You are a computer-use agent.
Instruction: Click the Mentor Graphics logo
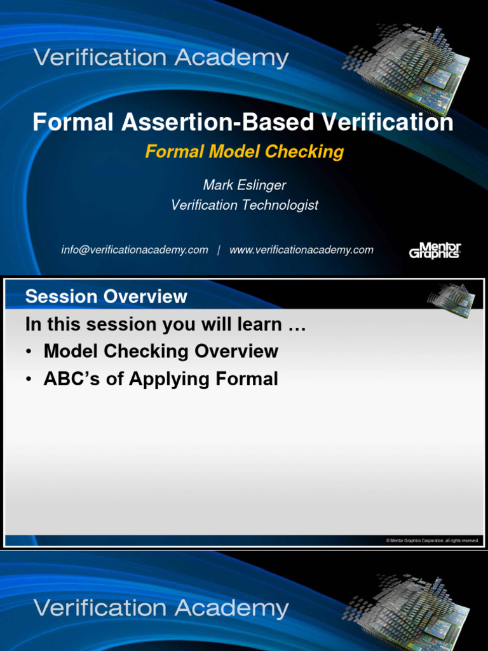coord(435,250)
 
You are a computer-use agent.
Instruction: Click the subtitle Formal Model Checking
coord(244,151)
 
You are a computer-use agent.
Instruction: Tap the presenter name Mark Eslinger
coord(244,185)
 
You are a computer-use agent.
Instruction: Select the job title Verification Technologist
coord(244,205)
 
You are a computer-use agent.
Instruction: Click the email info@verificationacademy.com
coord(134,250)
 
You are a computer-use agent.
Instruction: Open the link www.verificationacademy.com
coord(301,250)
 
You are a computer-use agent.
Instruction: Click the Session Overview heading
coord(106,296)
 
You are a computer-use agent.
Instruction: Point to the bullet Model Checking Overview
coord(161,351)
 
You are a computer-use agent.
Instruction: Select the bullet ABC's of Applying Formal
coord(161,379)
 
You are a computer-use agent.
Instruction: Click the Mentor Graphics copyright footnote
coord(432,540)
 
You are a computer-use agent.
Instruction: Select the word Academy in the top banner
coord(231,58)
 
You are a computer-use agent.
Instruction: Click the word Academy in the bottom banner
coord(231,608)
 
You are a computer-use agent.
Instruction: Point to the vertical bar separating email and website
coord(219,250)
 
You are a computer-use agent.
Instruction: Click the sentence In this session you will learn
coord(165,324)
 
